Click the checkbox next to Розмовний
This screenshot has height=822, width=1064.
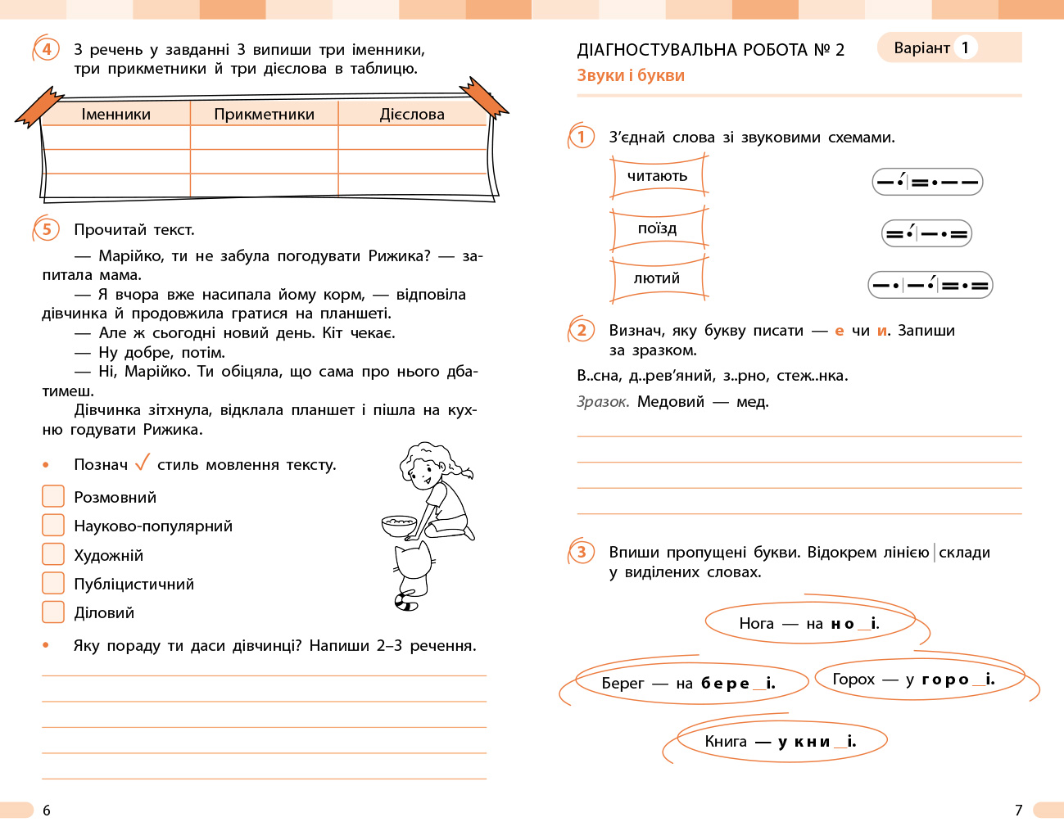point(53,496)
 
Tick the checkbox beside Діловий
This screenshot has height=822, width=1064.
point(53,612)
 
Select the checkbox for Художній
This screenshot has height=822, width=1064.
point(53,554)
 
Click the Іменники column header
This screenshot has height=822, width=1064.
point(115,114)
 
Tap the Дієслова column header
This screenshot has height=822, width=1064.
point(412,114)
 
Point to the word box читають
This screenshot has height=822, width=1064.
point(658,177)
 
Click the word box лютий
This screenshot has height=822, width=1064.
point(658,278)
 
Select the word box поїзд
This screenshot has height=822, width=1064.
point(658,228)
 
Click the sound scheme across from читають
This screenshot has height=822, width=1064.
point(927,182)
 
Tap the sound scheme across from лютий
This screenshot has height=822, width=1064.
point(930,285)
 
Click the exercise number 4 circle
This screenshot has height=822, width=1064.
point(47,49)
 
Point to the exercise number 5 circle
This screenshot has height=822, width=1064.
point(47,229)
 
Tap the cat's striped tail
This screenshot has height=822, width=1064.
point(405,603)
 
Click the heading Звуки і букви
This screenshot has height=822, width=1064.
point(631,75)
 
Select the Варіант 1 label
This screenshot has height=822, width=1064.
point(933,47)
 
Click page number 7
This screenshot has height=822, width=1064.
point(1018,810)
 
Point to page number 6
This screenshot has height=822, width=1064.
point(47,810)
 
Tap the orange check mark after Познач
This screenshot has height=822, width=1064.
point(143,463)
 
